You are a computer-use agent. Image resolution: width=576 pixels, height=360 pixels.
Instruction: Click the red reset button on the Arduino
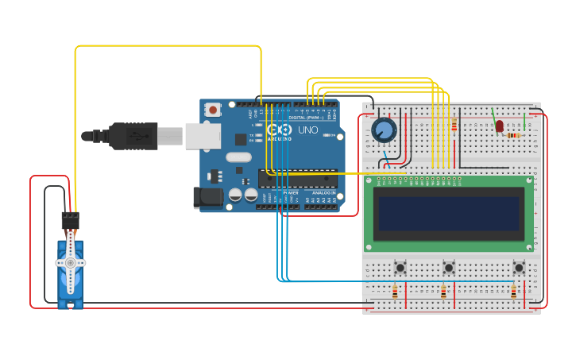212,110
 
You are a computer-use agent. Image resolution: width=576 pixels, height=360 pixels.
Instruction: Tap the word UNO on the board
307,130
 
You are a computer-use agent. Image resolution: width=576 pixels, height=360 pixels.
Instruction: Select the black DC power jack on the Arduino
207,197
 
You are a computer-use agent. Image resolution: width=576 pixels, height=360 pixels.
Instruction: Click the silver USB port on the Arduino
203,136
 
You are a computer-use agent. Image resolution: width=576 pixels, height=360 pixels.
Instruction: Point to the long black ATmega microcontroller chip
297,178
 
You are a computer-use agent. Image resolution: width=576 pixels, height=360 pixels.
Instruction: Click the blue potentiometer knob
383,129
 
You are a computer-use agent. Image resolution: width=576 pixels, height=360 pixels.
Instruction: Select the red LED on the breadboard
499,126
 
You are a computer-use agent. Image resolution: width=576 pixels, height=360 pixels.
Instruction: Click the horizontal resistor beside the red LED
513,135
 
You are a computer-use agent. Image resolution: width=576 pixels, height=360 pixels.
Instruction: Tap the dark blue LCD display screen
449,214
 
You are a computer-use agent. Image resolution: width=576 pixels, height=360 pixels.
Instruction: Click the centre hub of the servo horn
70,262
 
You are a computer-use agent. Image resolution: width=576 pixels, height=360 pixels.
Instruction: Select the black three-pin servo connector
71,220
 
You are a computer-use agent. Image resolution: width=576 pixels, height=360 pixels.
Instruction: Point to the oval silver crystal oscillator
238,157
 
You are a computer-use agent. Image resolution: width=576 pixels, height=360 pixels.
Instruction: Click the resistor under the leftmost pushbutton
395,292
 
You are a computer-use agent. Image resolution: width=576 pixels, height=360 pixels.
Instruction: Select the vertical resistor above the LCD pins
454,126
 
